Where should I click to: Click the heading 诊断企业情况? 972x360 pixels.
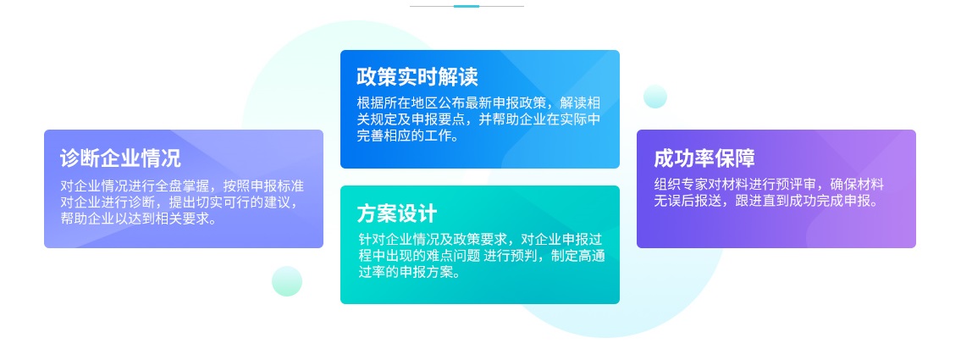120,158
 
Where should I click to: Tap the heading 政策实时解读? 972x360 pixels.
417,77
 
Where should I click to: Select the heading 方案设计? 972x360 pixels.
397,213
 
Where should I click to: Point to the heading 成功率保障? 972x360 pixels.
704,158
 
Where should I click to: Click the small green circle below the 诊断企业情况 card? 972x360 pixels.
287,281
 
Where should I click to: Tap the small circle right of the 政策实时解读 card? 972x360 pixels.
655,97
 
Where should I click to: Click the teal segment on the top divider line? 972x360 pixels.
467,6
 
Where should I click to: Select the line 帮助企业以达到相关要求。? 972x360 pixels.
138,219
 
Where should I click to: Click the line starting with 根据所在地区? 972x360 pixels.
478,103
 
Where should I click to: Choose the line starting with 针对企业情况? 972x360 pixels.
480,240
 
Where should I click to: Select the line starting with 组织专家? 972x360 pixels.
769,185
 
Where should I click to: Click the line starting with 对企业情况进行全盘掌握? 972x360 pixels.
182,186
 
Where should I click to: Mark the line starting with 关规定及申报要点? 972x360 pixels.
478,119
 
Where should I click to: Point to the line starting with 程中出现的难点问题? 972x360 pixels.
480,256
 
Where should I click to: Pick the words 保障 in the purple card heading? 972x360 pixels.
735,158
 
